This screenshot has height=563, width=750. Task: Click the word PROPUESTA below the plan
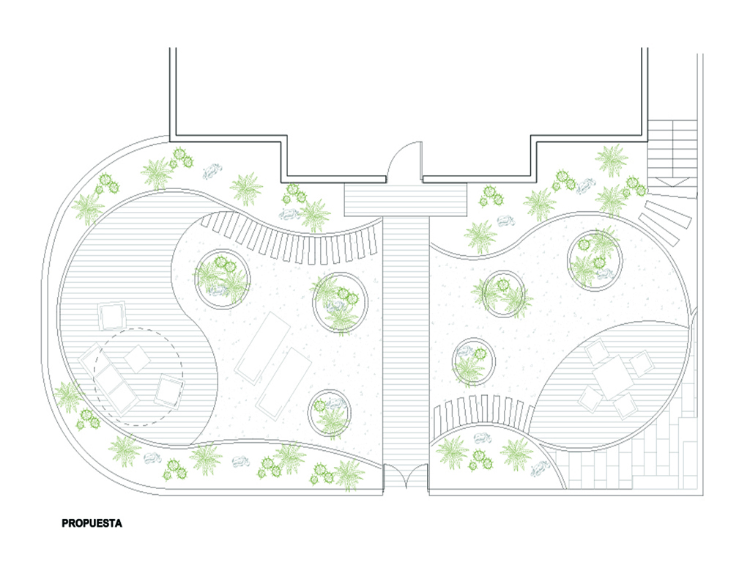click(92, 524)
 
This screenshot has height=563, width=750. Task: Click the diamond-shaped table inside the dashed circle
click(137, 357)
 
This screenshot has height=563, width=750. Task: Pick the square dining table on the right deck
click(610, 376)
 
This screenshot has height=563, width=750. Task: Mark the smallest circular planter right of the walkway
click(472, 362)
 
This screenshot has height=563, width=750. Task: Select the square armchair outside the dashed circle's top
click(112, 316)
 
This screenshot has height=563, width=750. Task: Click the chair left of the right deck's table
click(590, 400)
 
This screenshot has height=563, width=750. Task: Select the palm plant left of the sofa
click(69, 396)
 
